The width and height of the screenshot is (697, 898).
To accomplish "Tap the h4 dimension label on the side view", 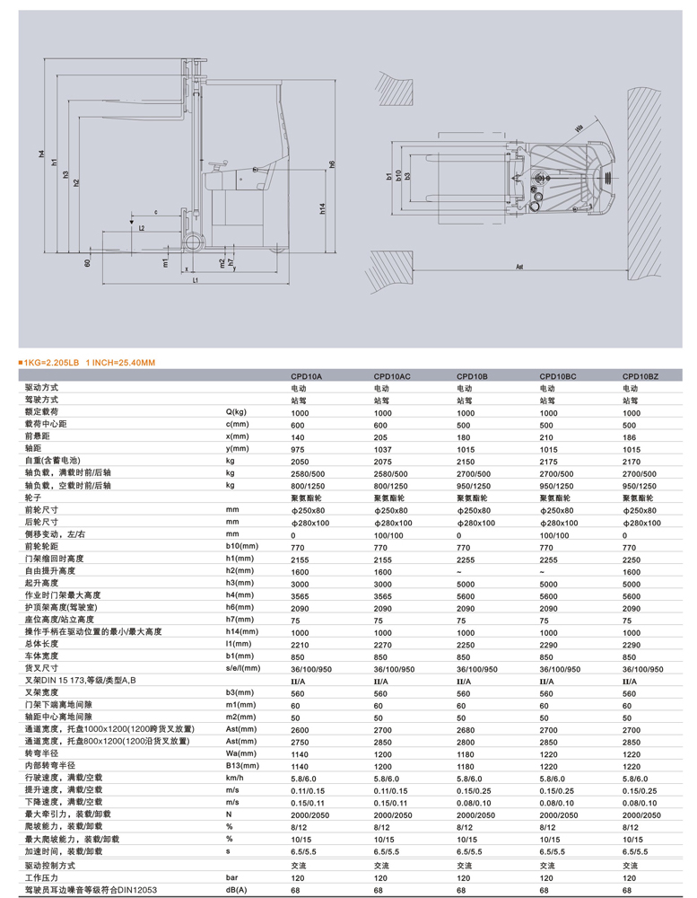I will pyautogui.click(x=41, y=154).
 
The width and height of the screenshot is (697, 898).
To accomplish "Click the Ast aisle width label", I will pyautogui.click(x=520, y=268).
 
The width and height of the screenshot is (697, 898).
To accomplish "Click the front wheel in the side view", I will pyautogui.click(x=191, y=242).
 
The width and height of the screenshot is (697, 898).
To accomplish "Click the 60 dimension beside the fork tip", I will pyautogui.click(x=88, y=263).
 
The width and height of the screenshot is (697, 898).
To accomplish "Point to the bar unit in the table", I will pyautogui.click(x=231, y=876).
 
